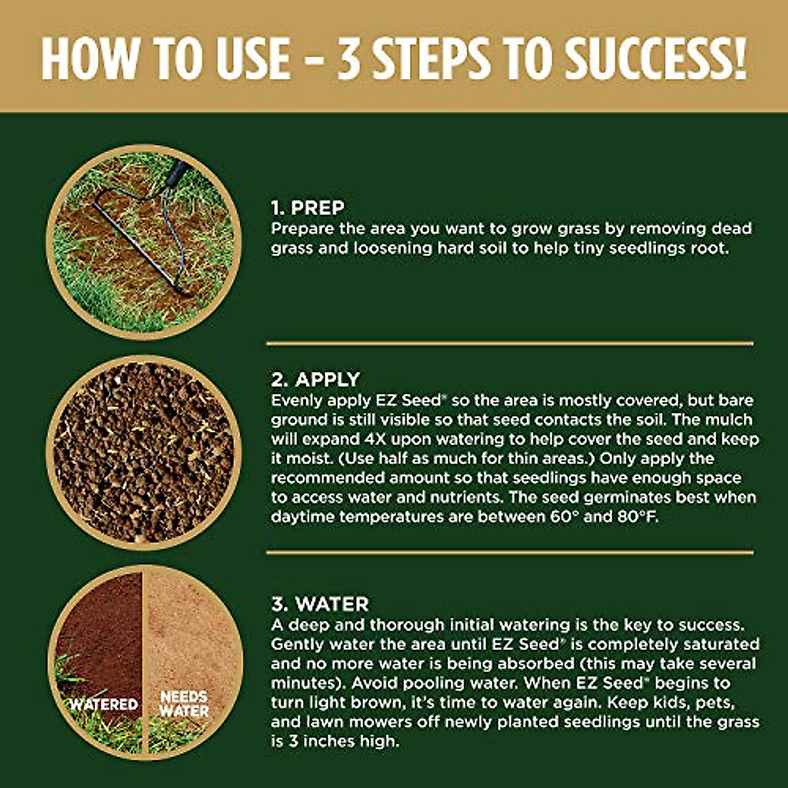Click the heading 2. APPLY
coord(315,380)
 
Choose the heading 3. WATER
coord(320,604)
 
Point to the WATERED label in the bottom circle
coord(104,705)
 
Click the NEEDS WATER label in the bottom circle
coord(184,703)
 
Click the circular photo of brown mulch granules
coord(143,452)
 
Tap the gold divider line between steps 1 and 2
coord(510,343)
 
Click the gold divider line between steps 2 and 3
coord(510,552)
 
